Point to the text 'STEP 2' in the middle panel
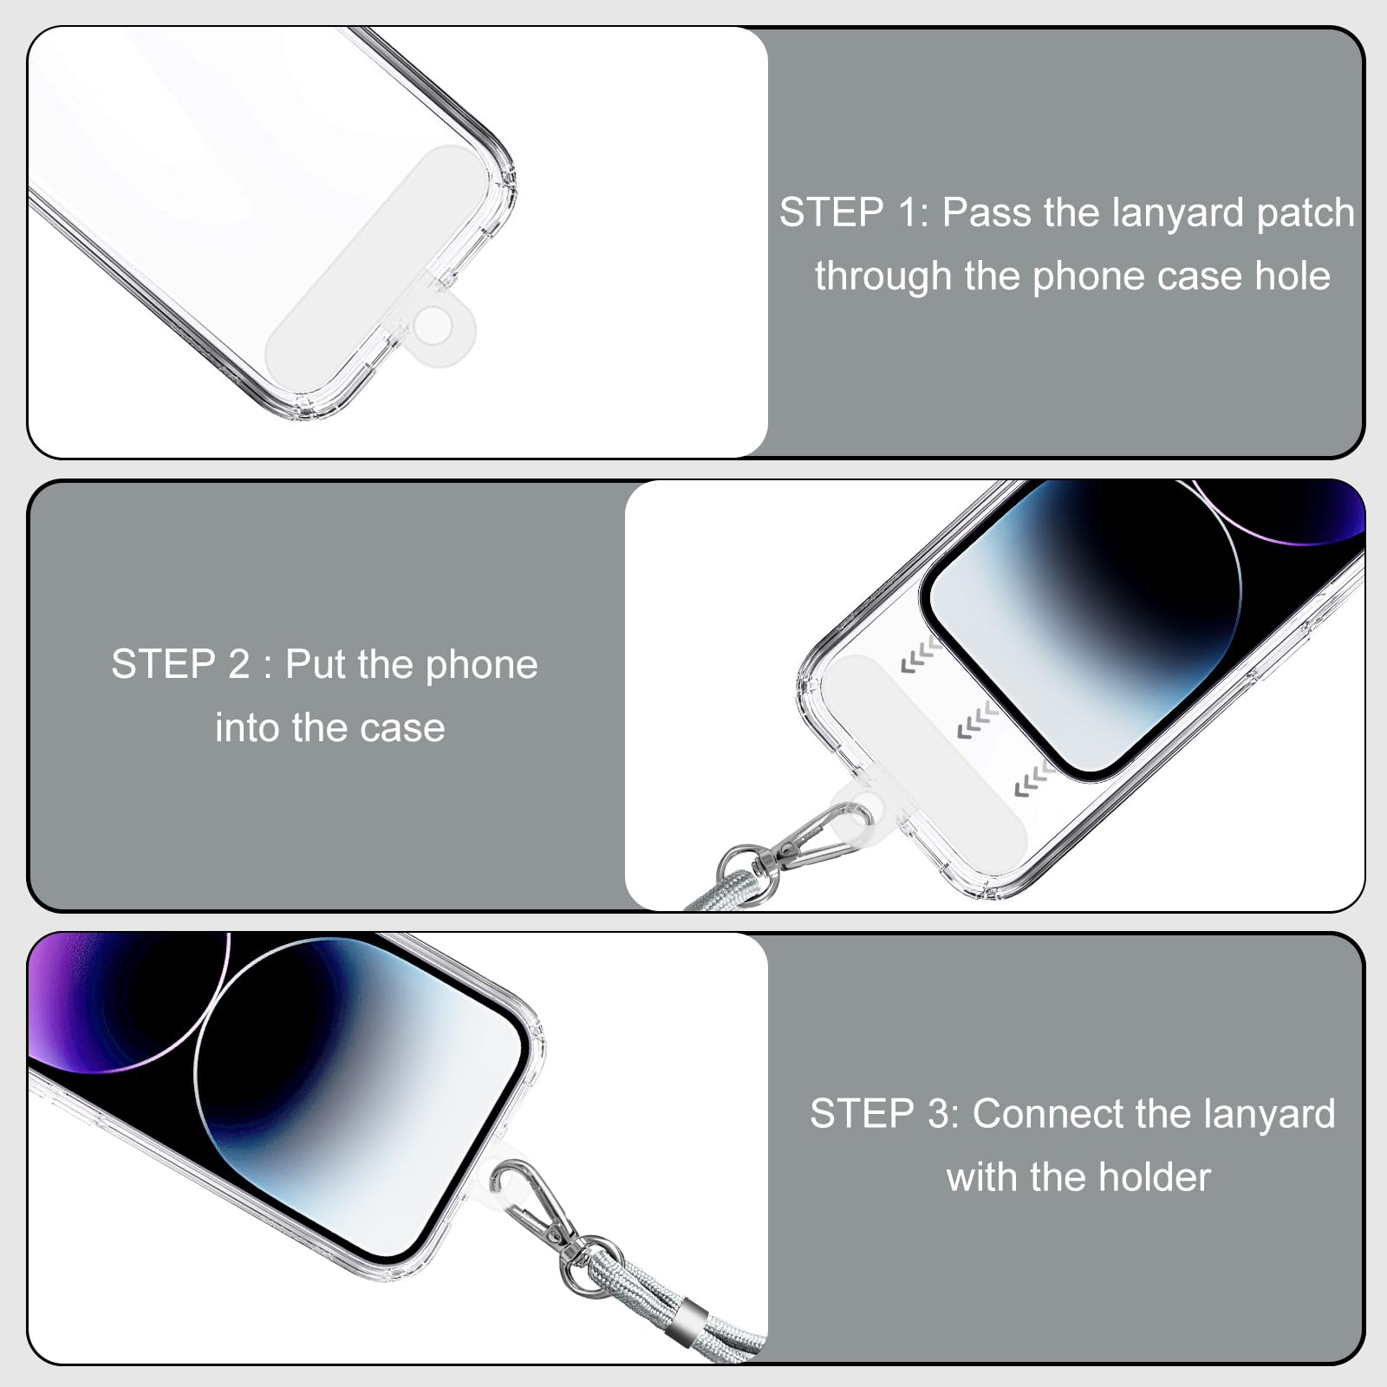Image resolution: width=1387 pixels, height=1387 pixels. [x=180, y=665]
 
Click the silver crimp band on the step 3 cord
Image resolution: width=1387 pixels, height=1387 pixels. [x=693, y=1320]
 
